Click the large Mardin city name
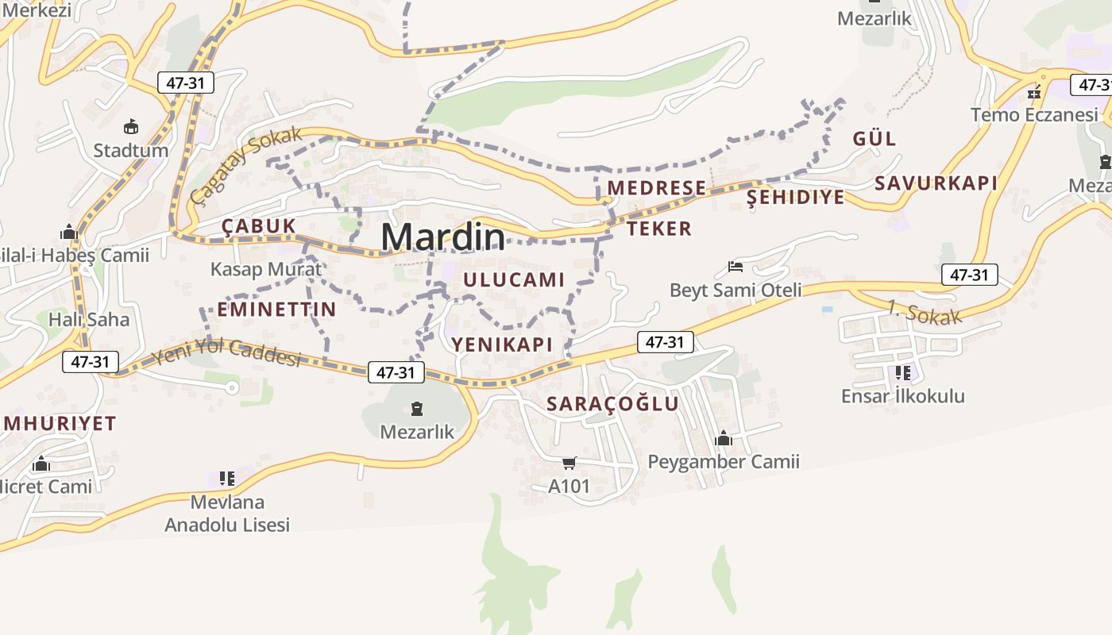coord(442,237)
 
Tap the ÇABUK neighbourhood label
coord(258,226)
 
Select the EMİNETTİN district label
coord(276,310)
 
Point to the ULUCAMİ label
coord(514,279)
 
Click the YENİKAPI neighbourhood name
coord(502,344)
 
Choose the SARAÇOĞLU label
coord(612,403)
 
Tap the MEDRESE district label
coord(657,188)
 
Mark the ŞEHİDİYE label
coord(796,198)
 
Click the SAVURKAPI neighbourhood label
coord(936,183)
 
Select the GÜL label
coord(875,139)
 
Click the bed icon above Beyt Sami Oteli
coord(736,267)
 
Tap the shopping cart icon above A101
coord(569,463)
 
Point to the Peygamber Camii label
coord(724,461)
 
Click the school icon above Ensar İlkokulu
coord(902,372)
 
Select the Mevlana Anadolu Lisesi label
coord(227,513)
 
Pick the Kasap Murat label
coord(266,269)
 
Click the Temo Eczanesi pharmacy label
coord(1034,115)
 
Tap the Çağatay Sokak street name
coord(247,163)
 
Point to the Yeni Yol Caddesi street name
coord(227,352)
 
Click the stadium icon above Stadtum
coord(131,126)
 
